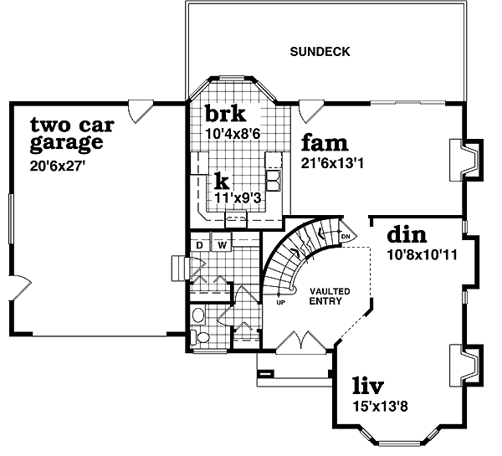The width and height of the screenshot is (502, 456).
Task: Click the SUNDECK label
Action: pyautogui.click(x=320, y=52)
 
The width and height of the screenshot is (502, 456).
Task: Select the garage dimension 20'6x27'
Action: pyautogui.click(x=58, y=166)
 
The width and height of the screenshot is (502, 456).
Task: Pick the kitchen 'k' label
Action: pyautogui.click(x=221, y=182)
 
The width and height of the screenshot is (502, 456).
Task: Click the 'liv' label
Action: pyautogui.click(x=367, y=387)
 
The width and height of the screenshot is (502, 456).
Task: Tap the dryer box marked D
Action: pyautogui.click(x=200, y=245)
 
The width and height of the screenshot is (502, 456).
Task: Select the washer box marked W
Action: pyautogui.click(x=223, y=245)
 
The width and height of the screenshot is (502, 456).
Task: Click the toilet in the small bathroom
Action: pyautogui.click(x=198, y=316)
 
